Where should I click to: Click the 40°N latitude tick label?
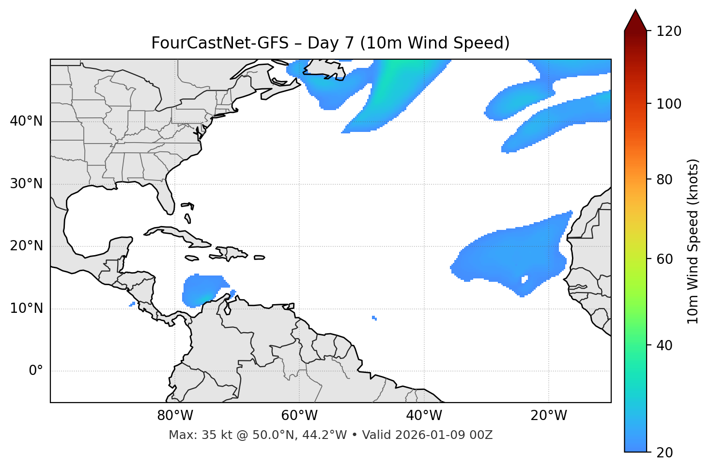point(26,121)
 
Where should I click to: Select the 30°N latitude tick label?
point(26,184)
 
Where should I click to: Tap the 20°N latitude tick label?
point(26,246)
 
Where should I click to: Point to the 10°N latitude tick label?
point(26,308)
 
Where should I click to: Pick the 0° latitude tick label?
point(36,371)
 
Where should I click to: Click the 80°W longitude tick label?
point(175,416)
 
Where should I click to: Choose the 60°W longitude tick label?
point(299,416)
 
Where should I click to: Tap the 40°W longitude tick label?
point(424,416)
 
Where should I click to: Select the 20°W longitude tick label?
point(548,416)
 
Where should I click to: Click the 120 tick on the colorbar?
point(669,31)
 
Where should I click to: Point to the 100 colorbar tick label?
point(669,104)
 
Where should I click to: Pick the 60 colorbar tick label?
point(665,259)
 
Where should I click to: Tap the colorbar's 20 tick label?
point(665,453)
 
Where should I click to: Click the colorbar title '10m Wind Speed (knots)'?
point(693,242)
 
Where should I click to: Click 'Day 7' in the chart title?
point(330,43)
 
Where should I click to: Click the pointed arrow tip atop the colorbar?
point(635,12)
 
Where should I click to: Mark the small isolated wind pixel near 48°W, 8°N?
point(374,318)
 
